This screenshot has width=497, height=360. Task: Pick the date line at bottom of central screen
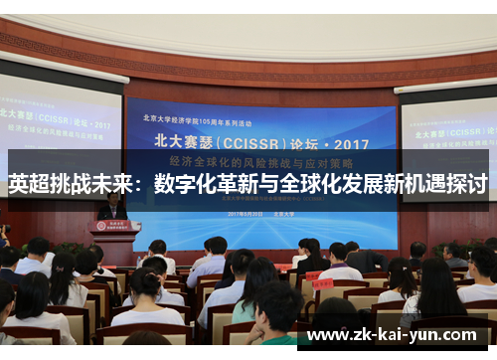(x=260, y=214)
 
